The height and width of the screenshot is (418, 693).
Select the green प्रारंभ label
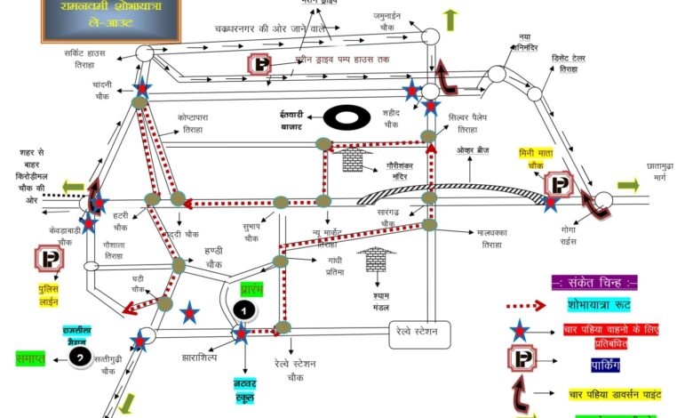pyautogui.click(x=252, y=290)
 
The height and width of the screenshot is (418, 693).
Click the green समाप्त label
pyautogui.click(x=30, y=358)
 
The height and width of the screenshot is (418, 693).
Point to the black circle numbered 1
pyautogui.click(x=243, y=310)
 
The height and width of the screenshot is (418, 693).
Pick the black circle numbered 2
pyautogui.click(x=80, y=358)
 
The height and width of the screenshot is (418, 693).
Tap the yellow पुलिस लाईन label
pyautogui.click(x=47, y=294)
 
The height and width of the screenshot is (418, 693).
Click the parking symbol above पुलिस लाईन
pyautogui.click(x=48, y=260)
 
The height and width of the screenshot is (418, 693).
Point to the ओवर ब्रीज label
pyautogui.click(x=474, y=150)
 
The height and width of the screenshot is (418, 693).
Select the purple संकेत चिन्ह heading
pyautogui.click(x=594, y=282)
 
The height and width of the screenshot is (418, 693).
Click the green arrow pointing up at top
pyautogui.click(x=450, y=20)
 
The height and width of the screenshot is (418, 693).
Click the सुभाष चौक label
pyautogui.click(x=251, y=232)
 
